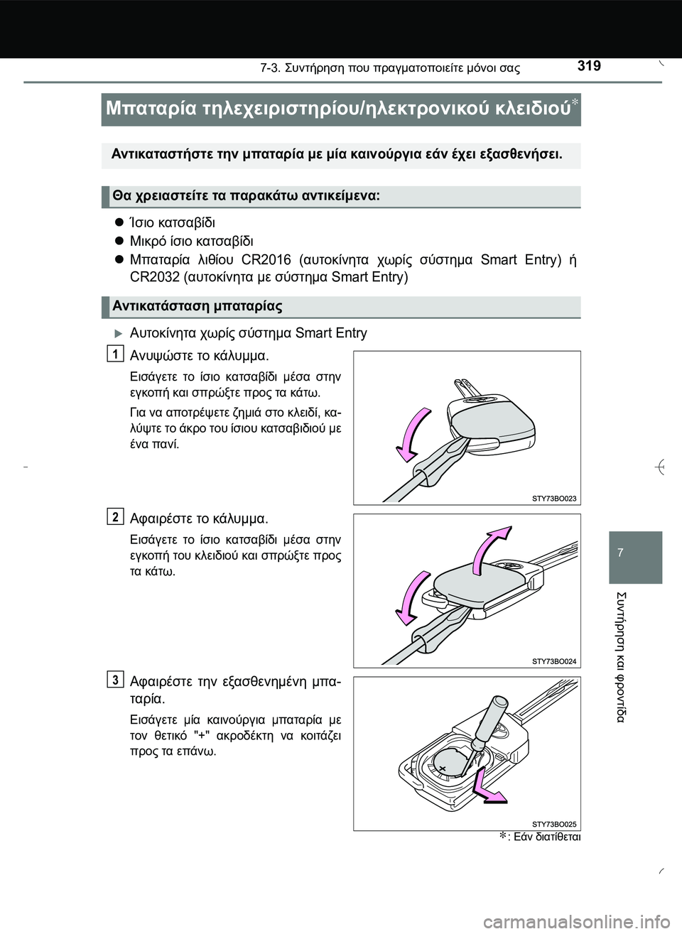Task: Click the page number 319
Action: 589,66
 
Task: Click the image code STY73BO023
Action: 554,499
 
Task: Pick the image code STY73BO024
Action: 554,661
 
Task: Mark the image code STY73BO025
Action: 554,824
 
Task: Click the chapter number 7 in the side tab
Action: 619,552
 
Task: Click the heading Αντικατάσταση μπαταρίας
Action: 197,306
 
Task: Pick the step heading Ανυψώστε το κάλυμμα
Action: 200,355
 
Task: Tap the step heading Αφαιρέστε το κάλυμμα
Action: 199,518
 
